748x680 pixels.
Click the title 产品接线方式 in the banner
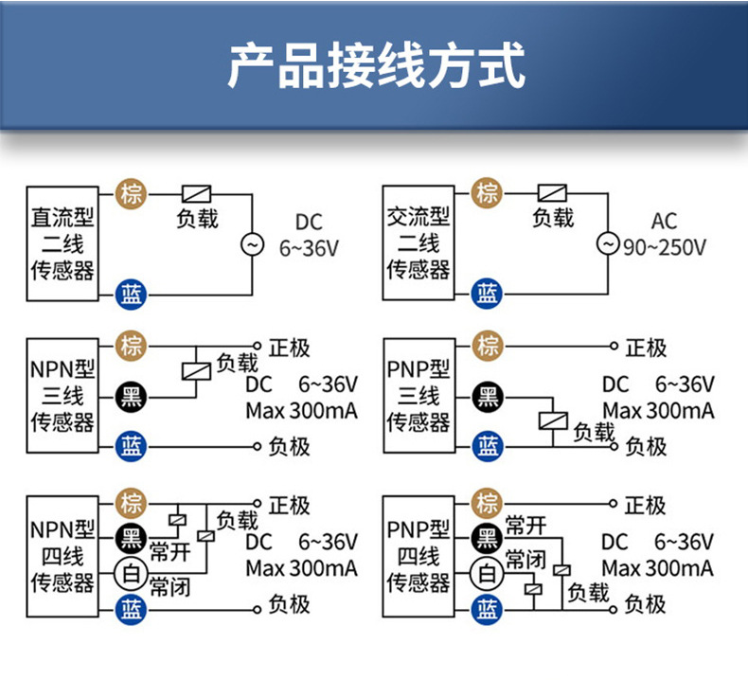coord(375,65)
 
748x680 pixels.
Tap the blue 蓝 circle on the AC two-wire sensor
coord(488,292)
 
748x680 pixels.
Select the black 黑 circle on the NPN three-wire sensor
coord(131,396)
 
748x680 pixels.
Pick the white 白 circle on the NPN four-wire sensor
coord(131,573)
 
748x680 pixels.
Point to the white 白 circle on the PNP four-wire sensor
coord(488,572)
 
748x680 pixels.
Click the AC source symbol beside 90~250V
coord(607,244)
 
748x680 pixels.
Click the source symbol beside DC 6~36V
coord(253,244)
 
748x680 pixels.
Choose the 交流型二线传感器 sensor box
coord(418,243)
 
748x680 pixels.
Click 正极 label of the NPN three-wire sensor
coord(289,348)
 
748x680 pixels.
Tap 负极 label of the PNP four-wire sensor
coord(645,604)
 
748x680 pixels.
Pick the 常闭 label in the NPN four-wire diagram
coord(170,586)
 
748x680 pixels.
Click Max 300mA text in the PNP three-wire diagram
coord(658,411)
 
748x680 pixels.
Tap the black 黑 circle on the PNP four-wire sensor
coord(488,538)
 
